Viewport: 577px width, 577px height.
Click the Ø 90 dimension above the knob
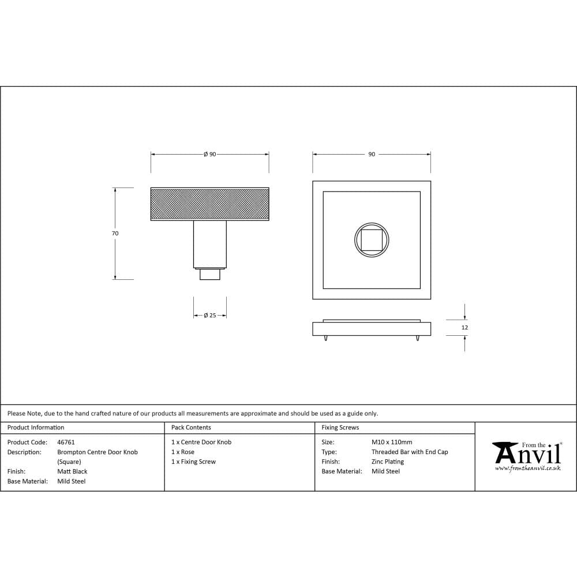coord(209,155)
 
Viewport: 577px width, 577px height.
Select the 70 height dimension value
coord(115,234)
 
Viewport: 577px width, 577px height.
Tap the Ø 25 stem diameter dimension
coord(210,316)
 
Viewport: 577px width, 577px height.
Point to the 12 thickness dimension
coord(465,328)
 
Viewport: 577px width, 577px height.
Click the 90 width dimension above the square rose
coord(372,155)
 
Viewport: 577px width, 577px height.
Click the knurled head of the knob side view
coord(209,204)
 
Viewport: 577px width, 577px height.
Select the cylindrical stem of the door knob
coord(209,244)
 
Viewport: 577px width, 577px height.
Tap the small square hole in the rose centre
coord(372,239)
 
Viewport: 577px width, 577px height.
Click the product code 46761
coord(66,443)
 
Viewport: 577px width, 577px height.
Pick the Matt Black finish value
coord(72,471)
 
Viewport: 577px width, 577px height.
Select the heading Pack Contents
coord(191,428)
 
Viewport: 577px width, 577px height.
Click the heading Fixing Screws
coord(340,428)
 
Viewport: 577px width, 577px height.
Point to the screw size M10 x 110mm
coord(392,443)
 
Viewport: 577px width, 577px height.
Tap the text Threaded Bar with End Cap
coord(410,452)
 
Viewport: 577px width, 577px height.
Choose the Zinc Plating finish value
coord(388,462)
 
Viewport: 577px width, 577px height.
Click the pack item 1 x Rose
coord(183,452)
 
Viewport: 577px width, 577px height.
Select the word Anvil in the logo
coord(527,455)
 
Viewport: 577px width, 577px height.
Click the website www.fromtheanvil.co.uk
coord(527,469)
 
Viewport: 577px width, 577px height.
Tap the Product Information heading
coord(36,428)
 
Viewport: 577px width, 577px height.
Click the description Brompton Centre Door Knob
coord(98,452)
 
